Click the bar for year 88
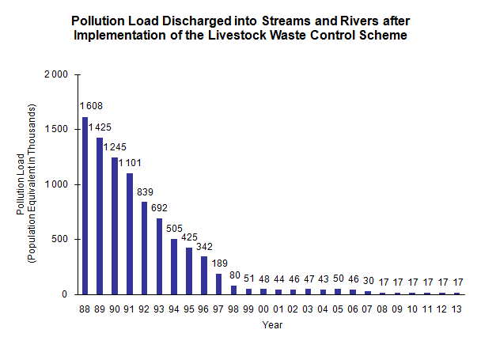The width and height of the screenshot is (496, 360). tap(85, 206)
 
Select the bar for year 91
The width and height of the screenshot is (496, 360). tap(130, 233)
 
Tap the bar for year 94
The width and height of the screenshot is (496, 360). tap(174, 266)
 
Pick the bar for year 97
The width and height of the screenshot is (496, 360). tap(218, 283)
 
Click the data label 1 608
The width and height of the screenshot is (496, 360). tap(89, 106)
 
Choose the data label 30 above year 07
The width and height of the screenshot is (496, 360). tap(369, 281)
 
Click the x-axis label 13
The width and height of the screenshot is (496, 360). tap(456, 309)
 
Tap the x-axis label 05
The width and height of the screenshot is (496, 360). tap(338, 309)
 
